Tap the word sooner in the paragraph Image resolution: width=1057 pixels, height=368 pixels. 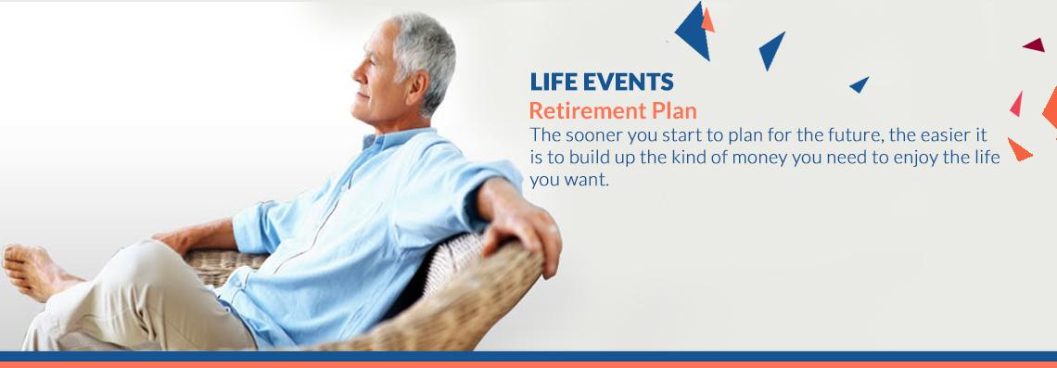point(592,135)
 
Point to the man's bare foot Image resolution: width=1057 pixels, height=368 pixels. point(33,269)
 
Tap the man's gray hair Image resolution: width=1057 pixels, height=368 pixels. point(426,54)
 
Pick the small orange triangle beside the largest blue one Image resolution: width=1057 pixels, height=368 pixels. point(707,21)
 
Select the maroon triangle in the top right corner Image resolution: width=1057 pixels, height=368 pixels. point(1036,45)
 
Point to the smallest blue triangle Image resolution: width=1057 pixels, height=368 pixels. point(860,84)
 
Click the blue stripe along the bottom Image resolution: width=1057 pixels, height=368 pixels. point(528,356)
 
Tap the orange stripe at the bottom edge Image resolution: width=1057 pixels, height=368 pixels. point(528,364)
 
